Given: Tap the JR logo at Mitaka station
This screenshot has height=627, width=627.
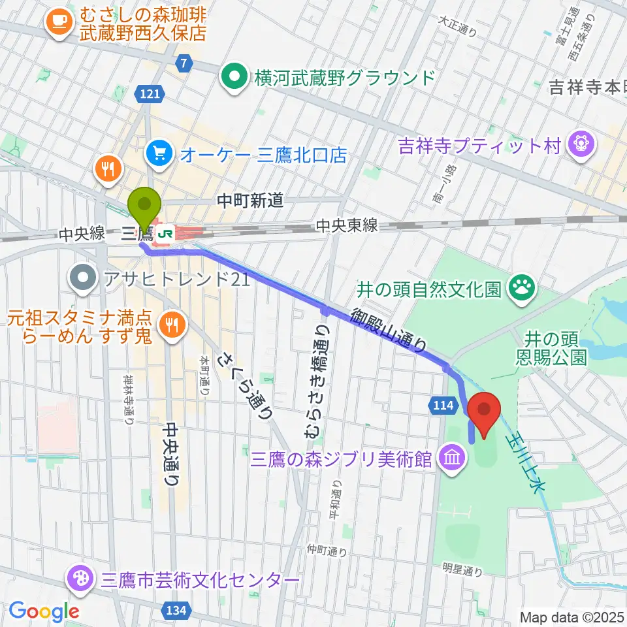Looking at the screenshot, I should (x=167, y=233).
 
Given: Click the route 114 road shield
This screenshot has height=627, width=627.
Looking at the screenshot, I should (x=442, y=406).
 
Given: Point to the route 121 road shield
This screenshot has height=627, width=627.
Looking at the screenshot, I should (x=150, y=95).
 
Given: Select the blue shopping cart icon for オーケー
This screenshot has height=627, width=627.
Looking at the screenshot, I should (x=159, y=154).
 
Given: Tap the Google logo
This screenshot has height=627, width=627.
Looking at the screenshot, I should (x=44, y=611).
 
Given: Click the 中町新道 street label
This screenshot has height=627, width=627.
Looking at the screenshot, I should (x=251, y=201).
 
